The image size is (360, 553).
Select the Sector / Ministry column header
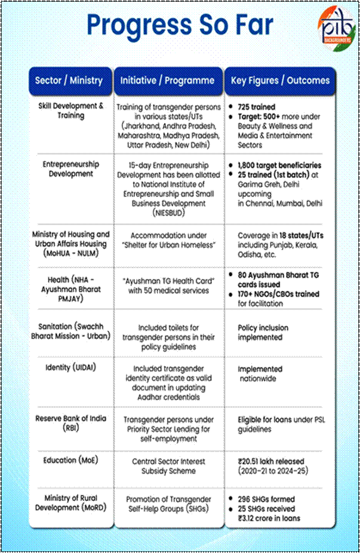(69, 80)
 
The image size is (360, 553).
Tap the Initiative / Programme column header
(167, 80)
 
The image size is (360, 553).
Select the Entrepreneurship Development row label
(71, 169)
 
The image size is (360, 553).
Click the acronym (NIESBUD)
(167, 211)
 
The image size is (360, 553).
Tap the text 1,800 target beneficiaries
(279, 165)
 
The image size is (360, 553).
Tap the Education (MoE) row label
(69, 460)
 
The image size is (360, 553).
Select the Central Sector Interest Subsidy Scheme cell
(167, 466)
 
